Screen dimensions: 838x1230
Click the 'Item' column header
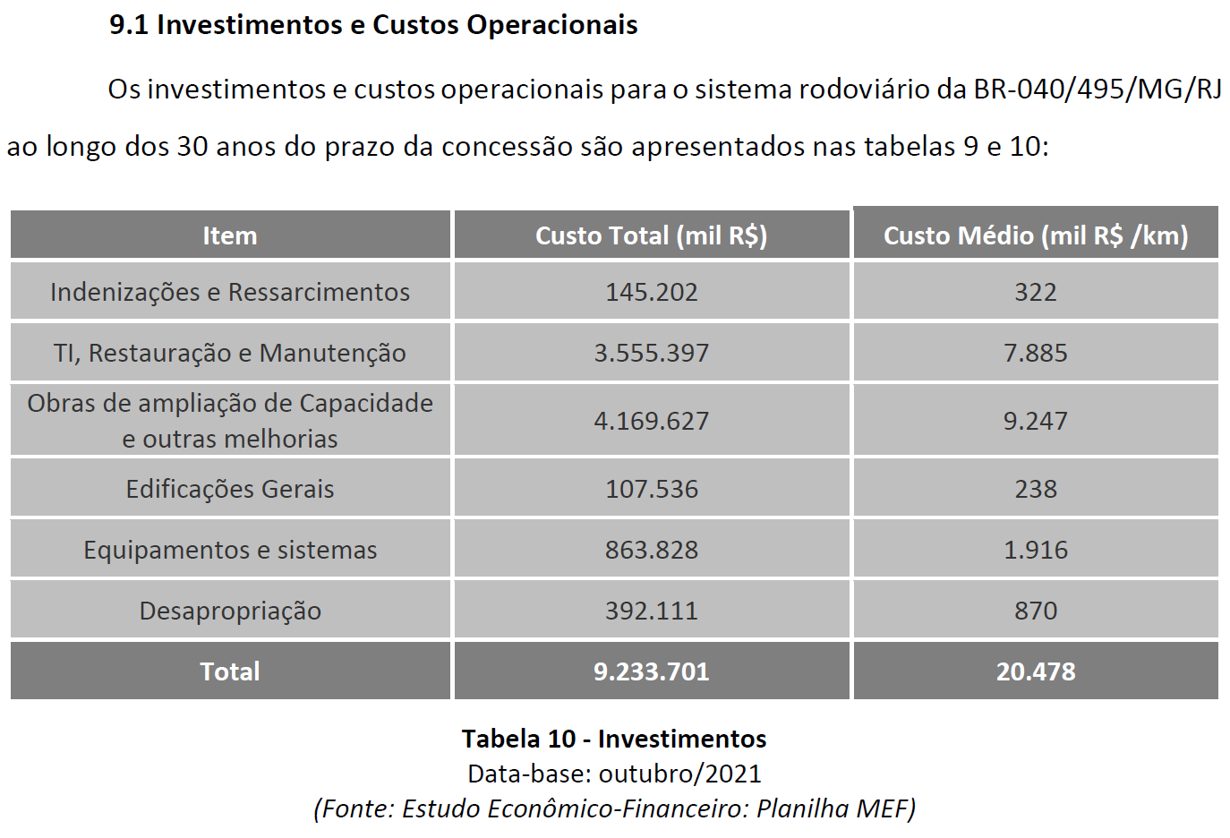tap(230, 235)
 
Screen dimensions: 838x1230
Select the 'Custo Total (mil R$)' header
tap(651, 235)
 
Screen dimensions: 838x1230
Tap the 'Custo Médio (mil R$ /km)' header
tap(1036, 235)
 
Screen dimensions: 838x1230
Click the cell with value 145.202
tap(651, 292)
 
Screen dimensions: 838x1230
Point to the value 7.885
tap(1036, 353)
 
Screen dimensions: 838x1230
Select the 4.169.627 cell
tap(651, 421)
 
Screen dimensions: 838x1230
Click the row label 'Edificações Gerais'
tap(230, 489)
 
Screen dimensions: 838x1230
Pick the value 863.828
tap(651, 550)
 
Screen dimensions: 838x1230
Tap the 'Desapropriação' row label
tap(230, 611)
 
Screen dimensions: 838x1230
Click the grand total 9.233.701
tap(651, 671)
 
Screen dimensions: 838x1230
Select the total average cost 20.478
tap(1036, 671)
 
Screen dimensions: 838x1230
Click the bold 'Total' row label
tap(230, 671)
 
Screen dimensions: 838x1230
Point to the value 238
tap(1036, 489)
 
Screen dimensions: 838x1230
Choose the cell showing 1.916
tap(1036, 550)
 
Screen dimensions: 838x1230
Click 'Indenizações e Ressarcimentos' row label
tap(230, 292)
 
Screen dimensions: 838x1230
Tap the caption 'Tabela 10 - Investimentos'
tap(614, 739)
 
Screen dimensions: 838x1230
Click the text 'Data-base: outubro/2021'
tap(614, 774)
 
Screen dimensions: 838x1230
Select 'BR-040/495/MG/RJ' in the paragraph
tap(1098, 90)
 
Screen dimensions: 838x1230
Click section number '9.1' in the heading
tap(129, 25)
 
